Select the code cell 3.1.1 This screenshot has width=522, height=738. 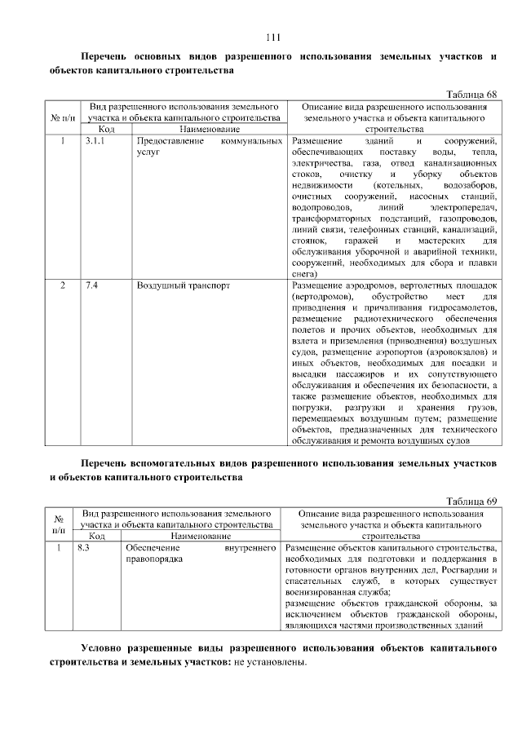[95, 142]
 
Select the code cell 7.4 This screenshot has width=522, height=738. [91, 286]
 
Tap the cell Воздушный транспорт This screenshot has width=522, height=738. [184, 286]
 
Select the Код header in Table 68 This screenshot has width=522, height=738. [106, 130]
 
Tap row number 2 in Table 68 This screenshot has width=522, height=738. [63, 286]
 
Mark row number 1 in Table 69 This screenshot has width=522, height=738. [59, 548]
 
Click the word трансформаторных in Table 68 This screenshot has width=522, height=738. [330, 219]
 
